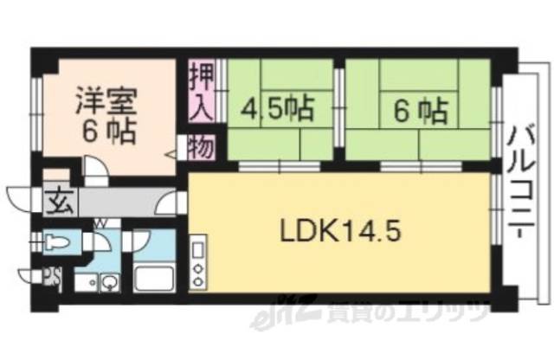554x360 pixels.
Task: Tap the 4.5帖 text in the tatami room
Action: [x=277, y=110]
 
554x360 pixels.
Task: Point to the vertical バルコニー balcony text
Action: [x=522, y=182]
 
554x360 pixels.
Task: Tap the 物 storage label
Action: [x=201, y=147]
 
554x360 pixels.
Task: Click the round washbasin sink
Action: [x=111, y=281]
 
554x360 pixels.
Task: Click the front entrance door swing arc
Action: [x=19, y=197]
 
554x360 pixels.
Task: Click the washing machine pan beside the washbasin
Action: [x=85, y=281]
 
